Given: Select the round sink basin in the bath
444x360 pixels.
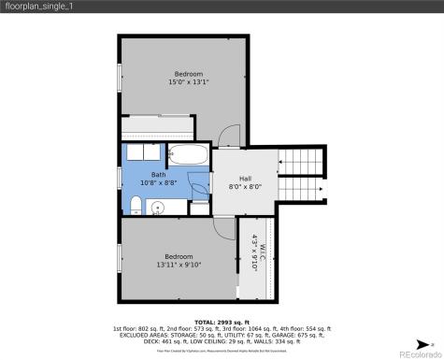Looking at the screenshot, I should point(160,208).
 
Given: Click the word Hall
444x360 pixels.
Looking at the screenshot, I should point(245,179).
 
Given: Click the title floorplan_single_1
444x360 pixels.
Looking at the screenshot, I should point(39,7).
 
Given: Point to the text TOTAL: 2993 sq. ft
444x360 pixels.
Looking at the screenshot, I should point(222,321).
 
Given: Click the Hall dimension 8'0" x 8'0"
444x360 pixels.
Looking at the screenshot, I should point(245,187).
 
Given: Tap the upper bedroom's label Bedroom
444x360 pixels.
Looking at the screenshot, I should point(188,74).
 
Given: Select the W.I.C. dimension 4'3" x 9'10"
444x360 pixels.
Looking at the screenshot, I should point(254,251).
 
